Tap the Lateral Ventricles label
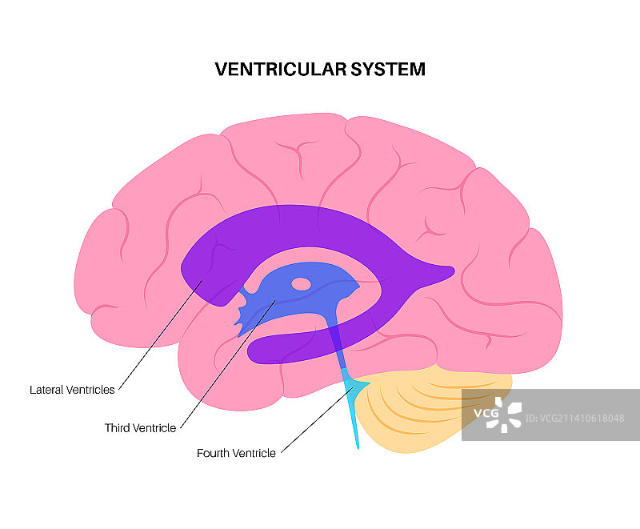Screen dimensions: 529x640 (72, 390)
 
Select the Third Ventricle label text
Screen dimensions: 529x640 (140, 428)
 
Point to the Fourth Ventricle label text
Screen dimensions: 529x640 (236, 453)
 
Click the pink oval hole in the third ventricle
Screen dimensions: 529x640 (301, 283)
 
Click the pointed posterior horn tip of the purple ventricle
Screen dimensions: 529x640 (448, 271)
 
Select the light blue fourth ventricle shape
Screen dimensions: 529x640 (355, 390)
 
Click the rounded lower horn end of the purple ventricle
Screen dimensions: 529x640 (260, 349)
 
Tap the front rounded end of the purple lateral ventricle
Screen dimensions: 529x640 (192, 272)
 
